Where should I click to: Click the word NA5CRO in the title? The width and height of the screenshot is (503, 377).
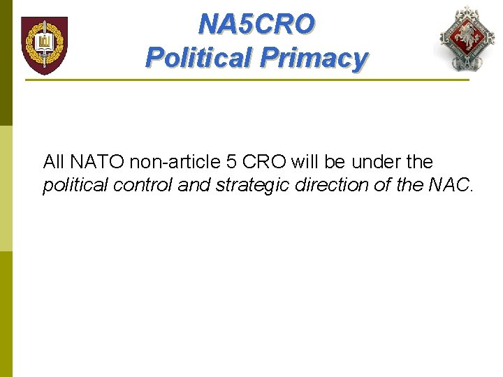tap(256, 24)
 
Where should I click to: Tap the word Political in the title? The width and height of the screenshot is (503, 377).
tap(198, 57)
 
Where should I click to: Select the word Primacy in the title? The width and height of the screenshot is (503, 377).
tap(312, 57)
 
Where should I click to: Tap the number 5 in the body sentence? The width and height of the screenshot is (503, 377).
tap(233, 162)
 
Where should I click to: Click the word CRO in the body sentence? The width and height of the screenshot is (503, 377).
tap(265, 162)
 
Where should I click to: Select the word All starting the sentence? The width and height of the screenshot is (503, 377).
tap(53, 162)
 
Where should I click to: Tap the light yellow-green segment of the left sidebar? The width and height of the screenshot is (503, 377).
tap(6, 188)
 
